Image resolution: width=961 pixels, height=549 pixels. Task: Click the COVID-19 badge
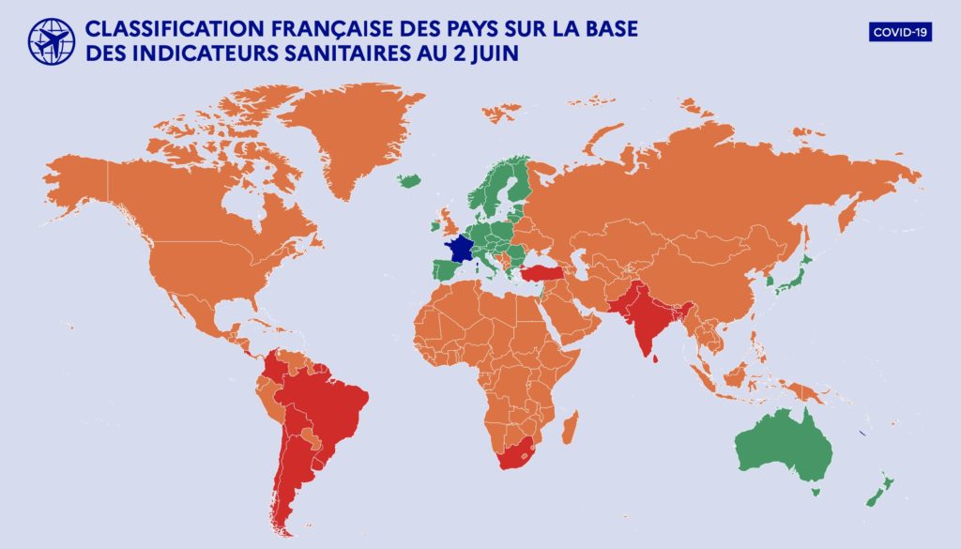point(900,32)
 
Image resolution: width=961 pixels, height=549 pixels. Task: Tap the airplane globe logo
point(52,41)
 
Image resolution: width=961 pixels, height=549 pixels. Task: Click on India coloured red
point(648,324)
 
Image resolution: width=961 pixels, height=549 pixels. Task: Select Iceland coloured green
point(409,180)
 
